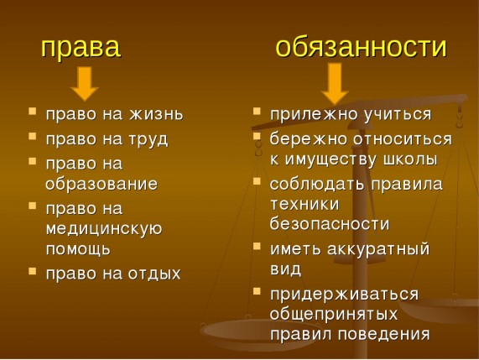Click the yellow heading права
click(x=81, y=49)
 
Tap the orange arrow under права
click(x=85, y=84)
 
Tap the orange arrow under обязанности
click(x=335, y=83)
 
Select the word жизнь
click(x=156, y=114)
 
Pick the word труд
click(x=148, y=139)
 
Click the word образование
click(x=102, y=184)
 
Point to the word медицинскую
click(x=104, y=229)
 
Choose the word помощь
click(x=78, y=248)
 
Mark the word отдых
click(x=154, y=274)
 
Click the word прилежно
click(x=314, y=115)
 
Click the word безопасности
click(x=330, y=223)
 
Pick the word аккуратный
click(x=378, y=249)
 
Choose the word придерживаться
click(x=344, y=295)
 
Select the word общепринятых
click(x=334, y=315)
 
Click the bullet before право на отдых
click(x=32, y=271)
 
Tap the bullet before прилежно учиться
click(x=257, y=111)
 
